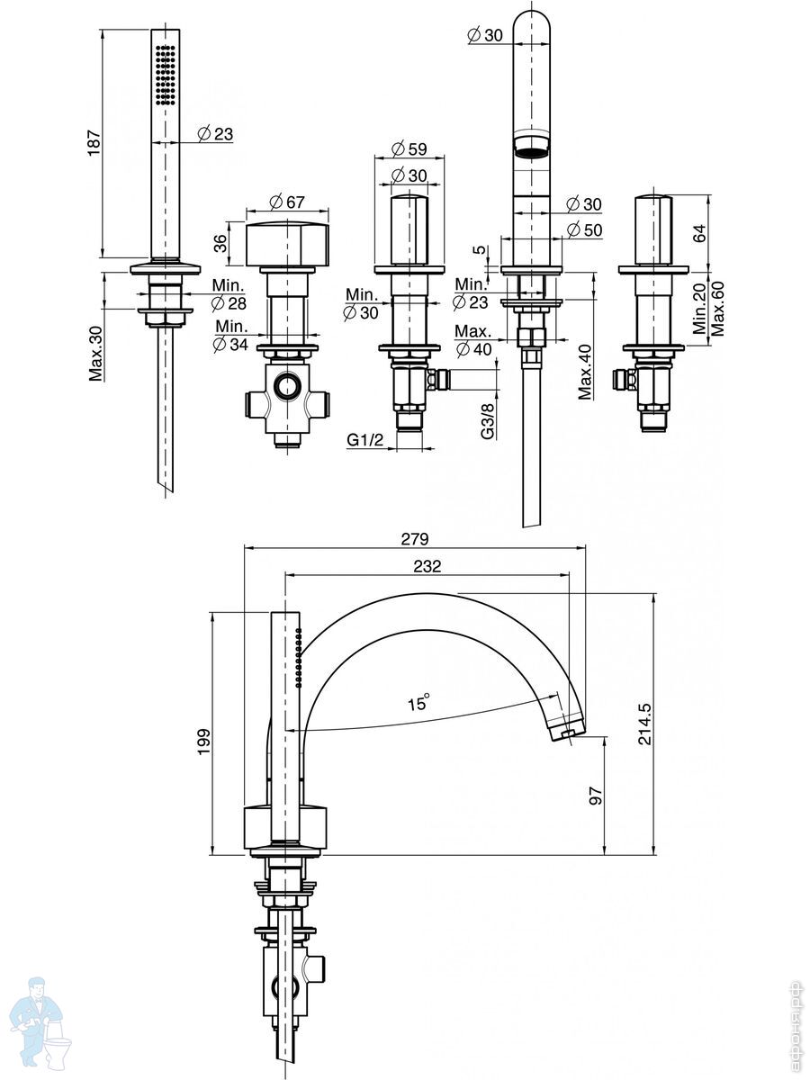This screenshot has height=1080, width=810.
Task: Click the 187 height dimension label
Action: [93, 142]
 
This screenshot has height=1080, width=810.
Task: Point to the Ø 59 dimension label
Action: [409, 148]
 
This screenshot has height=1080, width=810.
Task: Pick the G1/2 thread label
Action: [367, 440]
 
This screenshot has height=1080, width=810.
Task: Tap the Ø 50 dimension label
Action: [585, 229]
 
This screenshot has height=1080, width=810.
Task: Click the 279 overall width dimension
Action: [415, 539]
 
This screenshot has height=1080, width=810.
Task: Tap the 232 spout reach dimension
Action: [427, 566]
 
